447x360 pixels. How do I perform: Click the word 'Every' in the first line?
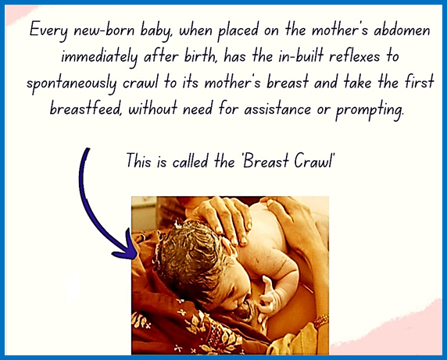tap(48, 30)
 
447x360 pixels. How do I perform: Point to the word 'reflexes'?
tap(354, 55)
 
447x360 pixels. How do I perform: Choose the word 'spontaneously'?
tap(72, 84)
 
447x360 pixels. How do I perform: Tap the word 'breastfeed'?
tap(85, 109)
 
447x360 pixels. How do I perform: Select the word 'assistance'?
tap(277, 109)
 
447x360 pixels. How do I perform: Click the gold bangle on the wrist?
tap(321, 320)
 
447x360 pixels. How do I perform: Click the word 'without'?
tap(153, 109)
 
